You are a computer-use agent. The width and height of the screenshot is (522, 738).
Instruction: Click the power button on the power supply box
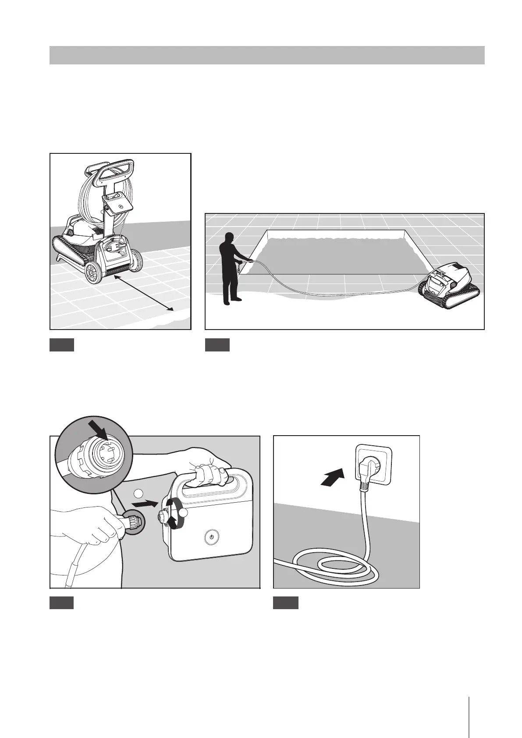(211, 537)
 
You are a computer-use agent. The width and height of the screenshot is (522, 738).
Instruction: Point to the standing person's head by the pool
(227, 239)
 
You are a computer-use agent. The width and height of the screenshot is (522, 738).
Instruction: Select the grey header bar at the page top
(266, 55)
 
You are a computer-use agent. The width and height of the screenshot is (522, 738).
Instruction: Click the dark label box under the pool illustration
(217, 345)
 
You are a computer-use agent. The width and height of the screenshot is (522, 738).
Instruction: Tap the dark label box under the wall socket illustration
(285, 603)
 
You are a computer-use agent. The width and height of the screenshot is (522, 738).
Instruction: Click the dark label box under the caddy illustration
(61, 345)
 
